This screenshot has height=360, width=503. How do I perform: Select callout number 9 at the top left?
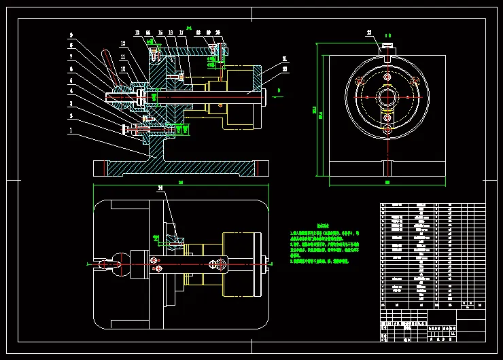pos(71,34)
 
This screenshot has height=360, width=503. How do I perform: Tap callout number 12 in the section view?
pos(123,43)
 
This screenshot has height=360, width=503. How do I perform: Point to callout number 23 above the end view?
pos(370,32)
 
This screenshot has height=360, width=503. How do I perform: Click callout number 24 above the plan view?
pos(160,187)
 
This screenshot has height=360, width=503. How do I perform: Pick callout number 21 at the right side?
pos(284,58)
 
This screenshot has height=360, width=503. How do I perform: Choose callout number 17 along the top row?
pos(180,32)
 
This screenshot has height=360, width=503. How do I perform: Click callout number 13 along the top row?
pos(137,32)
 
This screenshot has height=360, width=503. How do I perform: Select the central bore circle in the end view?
pos(387,96)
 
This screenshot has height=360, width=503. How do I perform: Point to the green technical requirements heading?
pos(322,225)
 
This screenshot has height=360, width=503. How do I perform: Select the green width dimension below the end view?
pos(387,182)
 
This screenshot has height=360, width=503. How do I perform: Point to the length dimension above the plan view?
pos(180,183)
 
